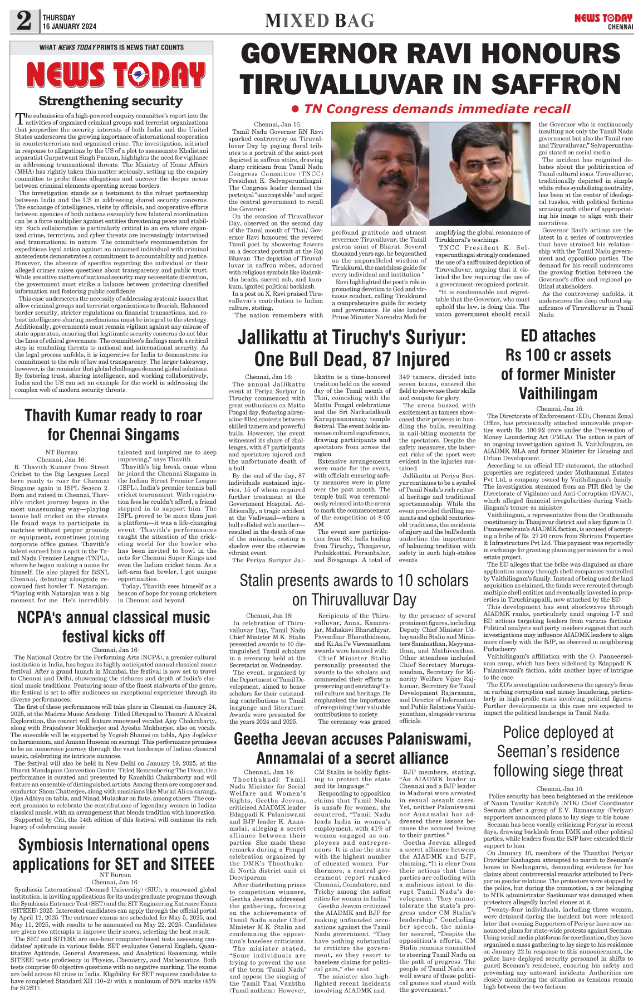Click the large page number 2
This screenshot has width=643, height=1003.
[24, 21]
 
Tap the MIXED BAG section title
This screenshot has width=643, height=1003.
[320, 21]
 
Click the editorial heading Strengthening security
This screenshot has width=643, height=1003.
[110, 101]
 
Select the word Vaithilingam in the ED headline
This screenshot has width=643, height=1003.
[558, 393]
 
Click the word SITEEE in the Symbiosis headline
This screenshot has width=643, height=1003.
[188, 864]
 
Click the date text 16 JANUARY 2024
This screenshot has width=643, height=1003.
[69, 26]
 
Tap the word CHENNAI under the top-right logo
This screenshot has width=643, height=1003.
[620, 26]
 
